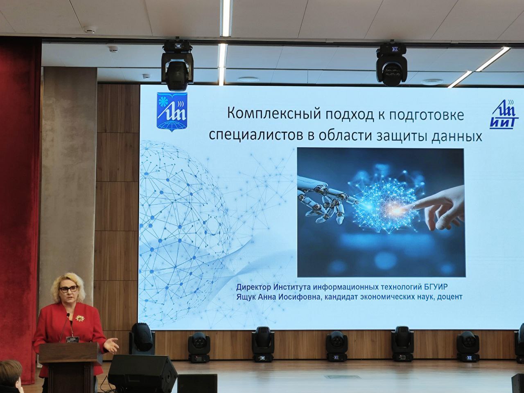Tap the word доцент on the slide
tap(449, 297)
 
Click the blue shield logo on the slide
tap(172, 111)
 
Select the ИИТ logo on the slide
tap(504, 115)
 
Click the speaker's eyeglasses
tap(68, 289)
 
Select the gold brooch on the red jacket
tap(80, 318)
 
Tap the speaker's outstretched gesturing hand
tap(111, 346)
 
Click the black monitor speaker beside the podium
tap(142, 373)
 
